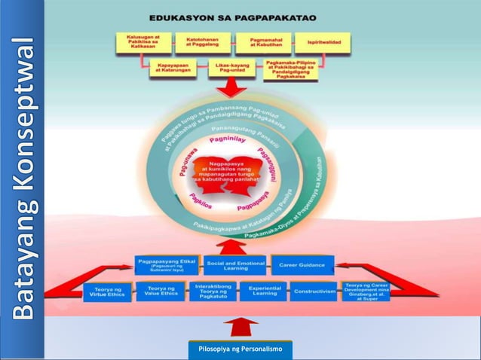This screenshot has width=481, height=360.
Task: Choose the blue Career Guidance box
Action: click(301, 265)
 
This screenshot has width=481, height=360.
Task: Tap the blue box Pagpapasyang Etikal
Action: click(167, 265)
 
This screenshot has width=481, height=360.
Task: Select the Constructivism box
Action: click(313, 291)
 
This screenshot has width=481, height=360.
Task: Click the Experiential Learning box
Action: click(265, 291)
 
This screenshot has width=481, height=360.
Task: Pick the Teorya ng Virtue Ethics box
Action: click(106, 291)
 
